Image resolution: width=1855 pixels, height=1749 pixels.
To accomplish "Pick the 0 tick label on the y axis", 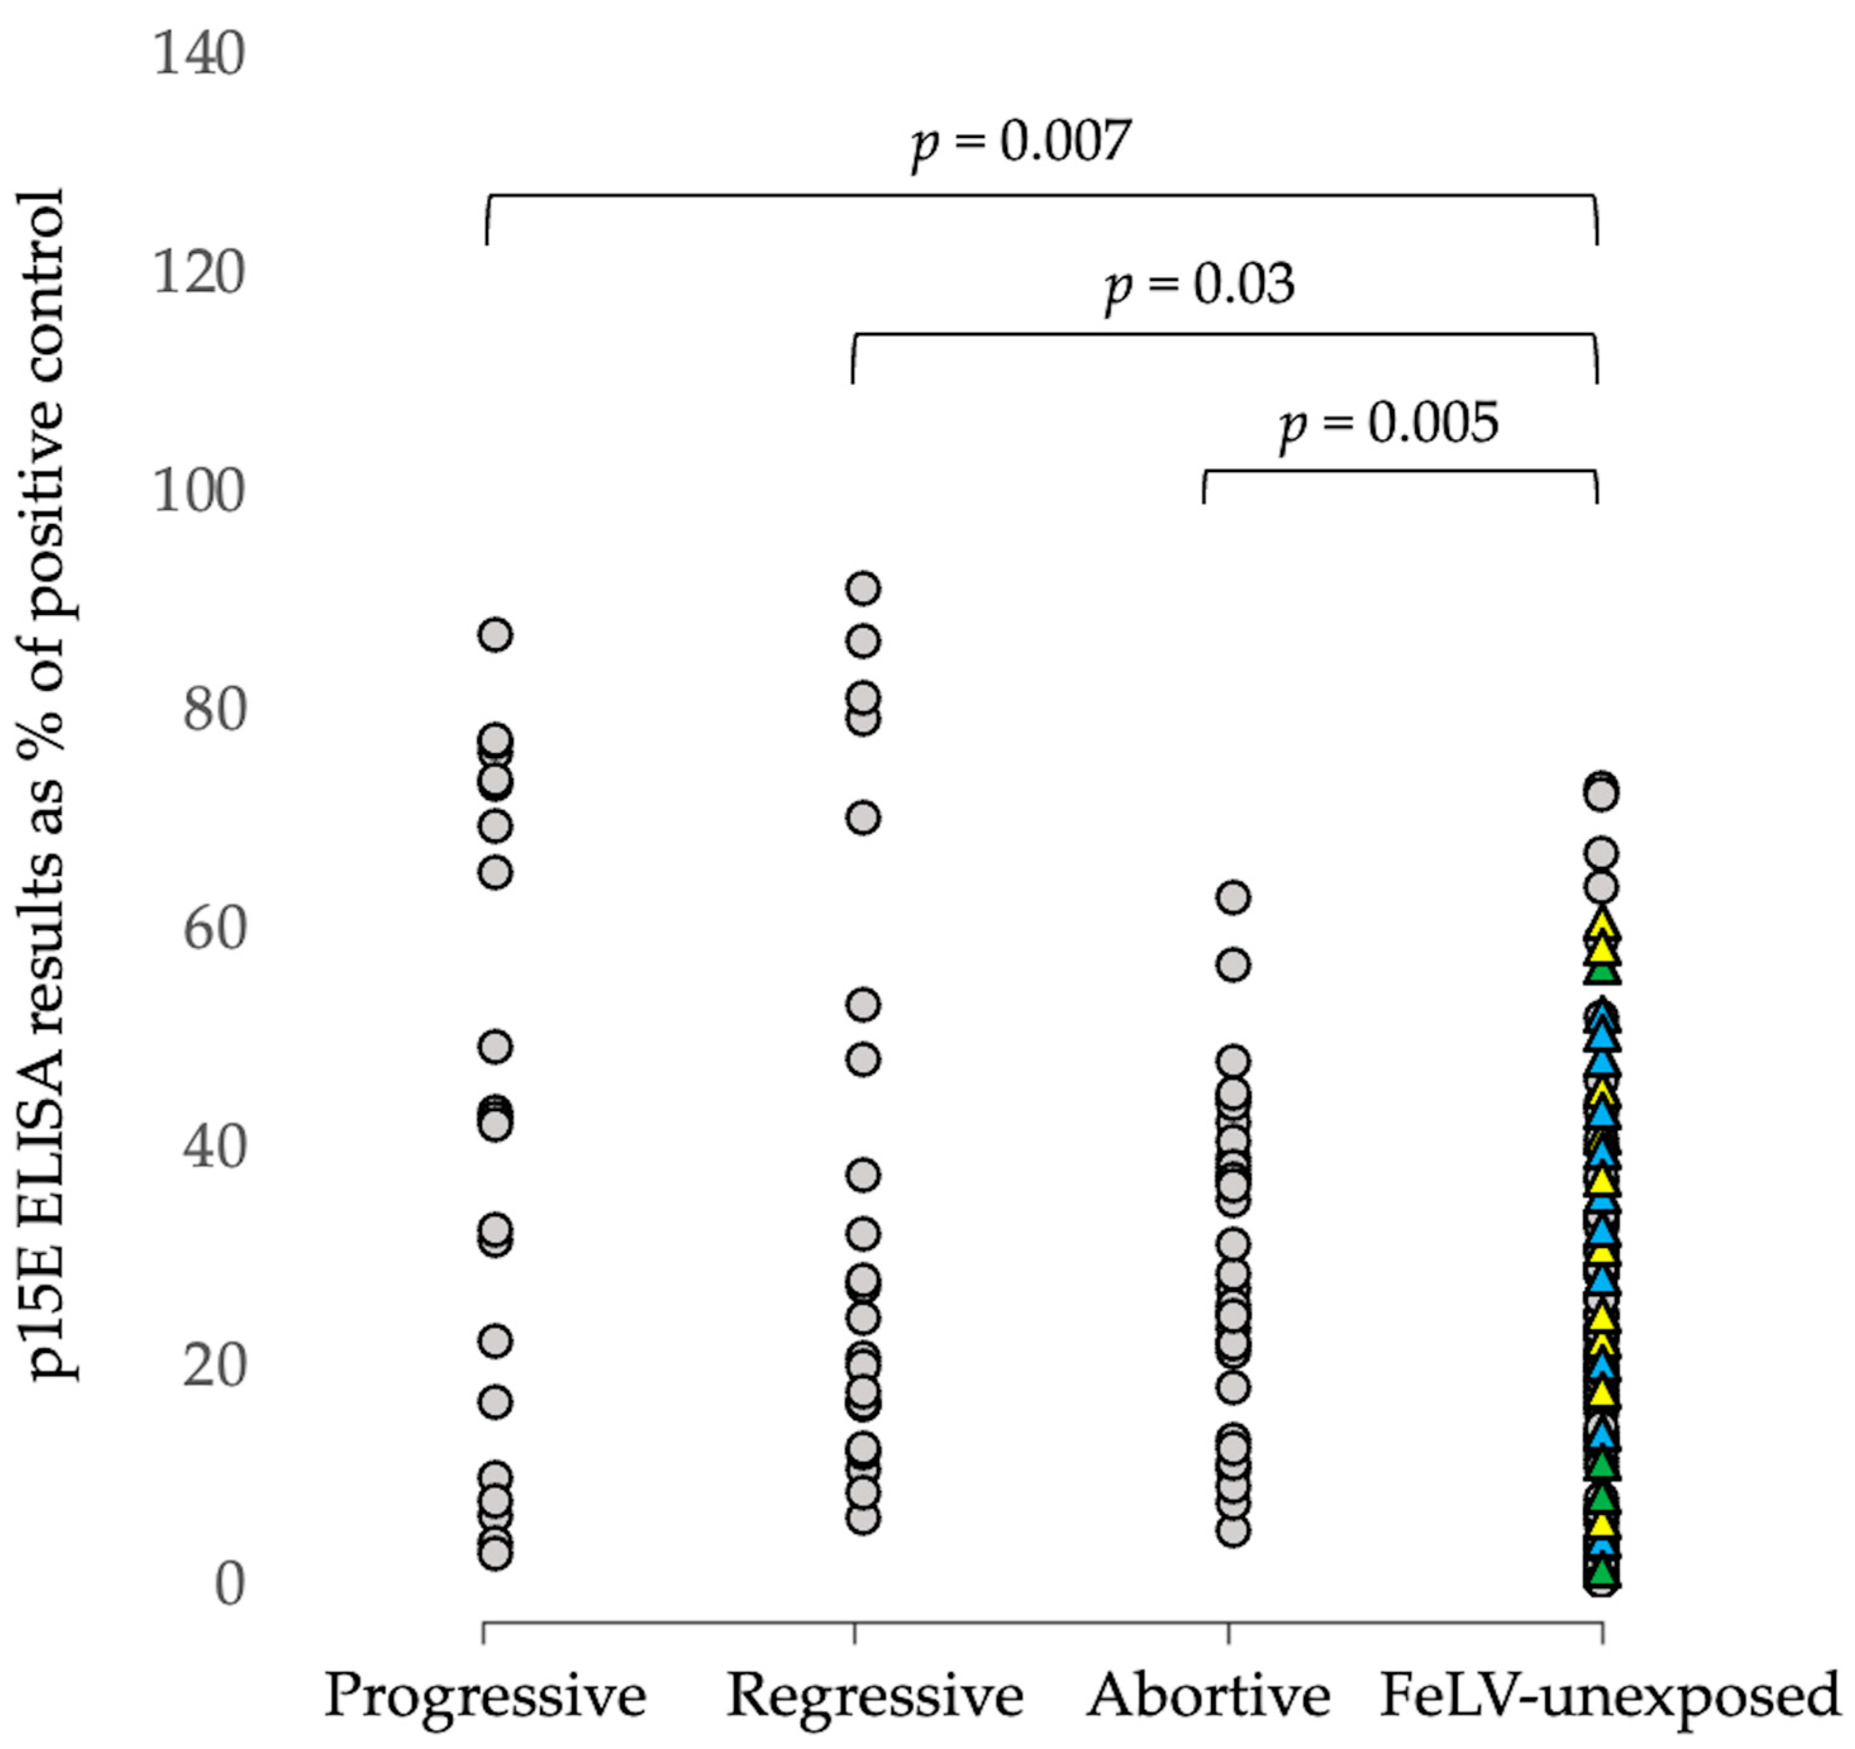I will (x=228, y=1584).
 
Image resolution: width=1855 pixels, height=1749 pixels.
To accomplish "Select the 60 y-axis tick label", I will (x=213, y=928).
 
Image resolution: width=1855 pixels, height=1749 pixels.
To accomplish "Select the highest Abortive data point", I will (x=1234, y=897).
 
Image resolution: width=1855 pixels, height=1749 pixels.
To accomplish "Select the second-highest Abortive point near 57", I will (x=1234, y=964).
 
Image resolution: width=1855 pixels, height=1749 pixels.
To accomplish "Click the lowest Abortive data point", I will (x=1234, y=1531).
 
